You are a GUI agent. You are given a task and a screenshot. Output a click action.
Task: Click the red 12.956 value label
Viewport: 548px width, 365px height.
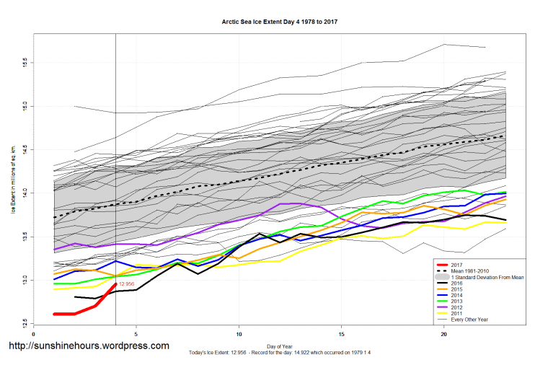[127, 284]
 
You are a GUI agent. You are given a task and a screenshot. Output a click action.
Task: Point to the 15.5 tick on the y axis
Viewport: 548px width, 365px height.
[26, 62]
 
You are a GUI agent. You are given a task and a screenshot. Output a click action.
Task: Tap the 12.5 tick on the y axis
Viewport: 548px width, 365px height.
[26, 322]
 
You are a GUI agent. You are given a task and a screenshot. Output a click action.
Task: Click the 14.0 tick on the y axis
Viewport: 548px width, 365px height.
[26, 193]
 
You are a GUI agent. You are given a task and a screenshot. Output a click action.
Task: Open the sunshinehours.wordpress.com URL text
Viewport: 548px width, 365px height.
[89, 346]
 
